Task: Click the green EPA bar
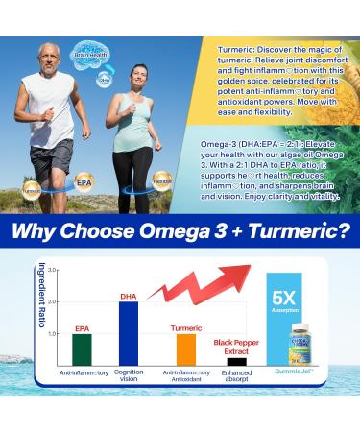coord(83,348)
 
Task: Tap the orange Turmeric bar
coord(186,348)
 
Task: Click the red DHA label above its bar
coord(129,296)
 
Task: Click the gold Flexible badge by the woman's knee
coord(163,179)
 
